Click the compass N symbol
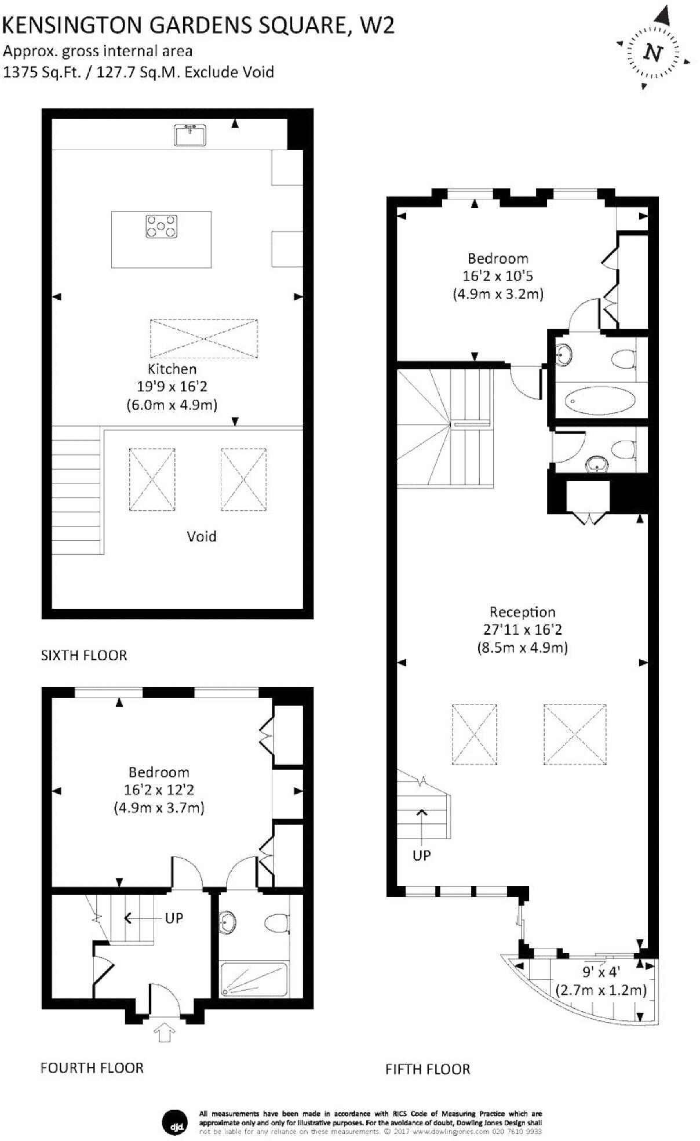tap(654, 53)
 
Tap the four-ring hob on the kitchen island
tap(162, 226)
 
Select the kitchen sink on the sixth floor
tap(189, 135)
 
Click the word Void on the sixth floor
tap(202, 536)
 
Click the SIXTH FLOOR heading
tap(84, 655)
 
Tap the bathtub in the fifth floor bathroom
tap(600, 400)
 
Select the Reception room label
tap(522, 612)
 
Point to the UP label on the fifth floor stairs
tap(421, 855)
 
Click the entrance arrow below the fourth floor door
tap(165, 1033)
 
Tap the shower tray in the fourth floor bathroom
tap(254, 979)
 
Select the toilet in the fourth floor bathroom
tap(277, 922)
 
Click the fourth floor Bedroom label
tap(159, 772)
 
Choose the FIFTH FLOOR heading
tap(428, 1069)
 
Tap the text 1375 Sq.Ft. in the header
tap(42, 72)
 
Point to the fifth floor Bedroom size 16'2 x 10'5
tap(497, 276)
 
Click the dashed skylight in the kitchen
tap(203, 338)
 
